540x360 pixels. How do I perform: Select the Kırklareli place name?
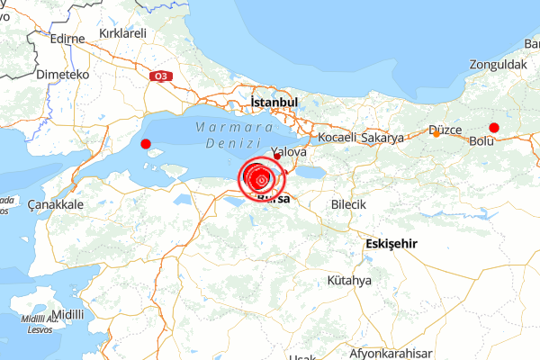tap(122, 33)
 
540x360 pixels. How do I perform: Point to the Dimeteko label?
tap(61, 76)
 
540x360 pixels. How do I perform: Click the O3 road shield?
tap(162, 76)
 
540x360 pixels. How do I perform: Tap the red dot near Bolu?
tap(493, 127)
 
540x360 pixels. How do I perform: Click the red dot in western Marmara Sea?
tap(146, 143)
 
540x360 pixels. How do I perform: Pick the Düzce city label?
tap(445, 130)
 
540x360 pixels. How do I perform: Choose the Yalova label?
tap(289, 153)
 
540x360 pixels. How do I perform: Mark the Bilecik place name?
tap(348, 205)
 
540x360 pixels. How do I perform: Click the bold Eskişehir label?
tap(392, 245)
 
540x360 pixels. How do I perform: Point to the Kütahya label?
tap(349, 281)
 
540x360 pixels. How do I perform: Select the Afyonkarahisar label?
tap(391, 352)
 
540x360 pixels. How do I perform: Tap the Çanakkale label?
tap(56, 205)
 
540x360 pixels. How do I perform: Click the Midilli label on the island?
tap(67, 314)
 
